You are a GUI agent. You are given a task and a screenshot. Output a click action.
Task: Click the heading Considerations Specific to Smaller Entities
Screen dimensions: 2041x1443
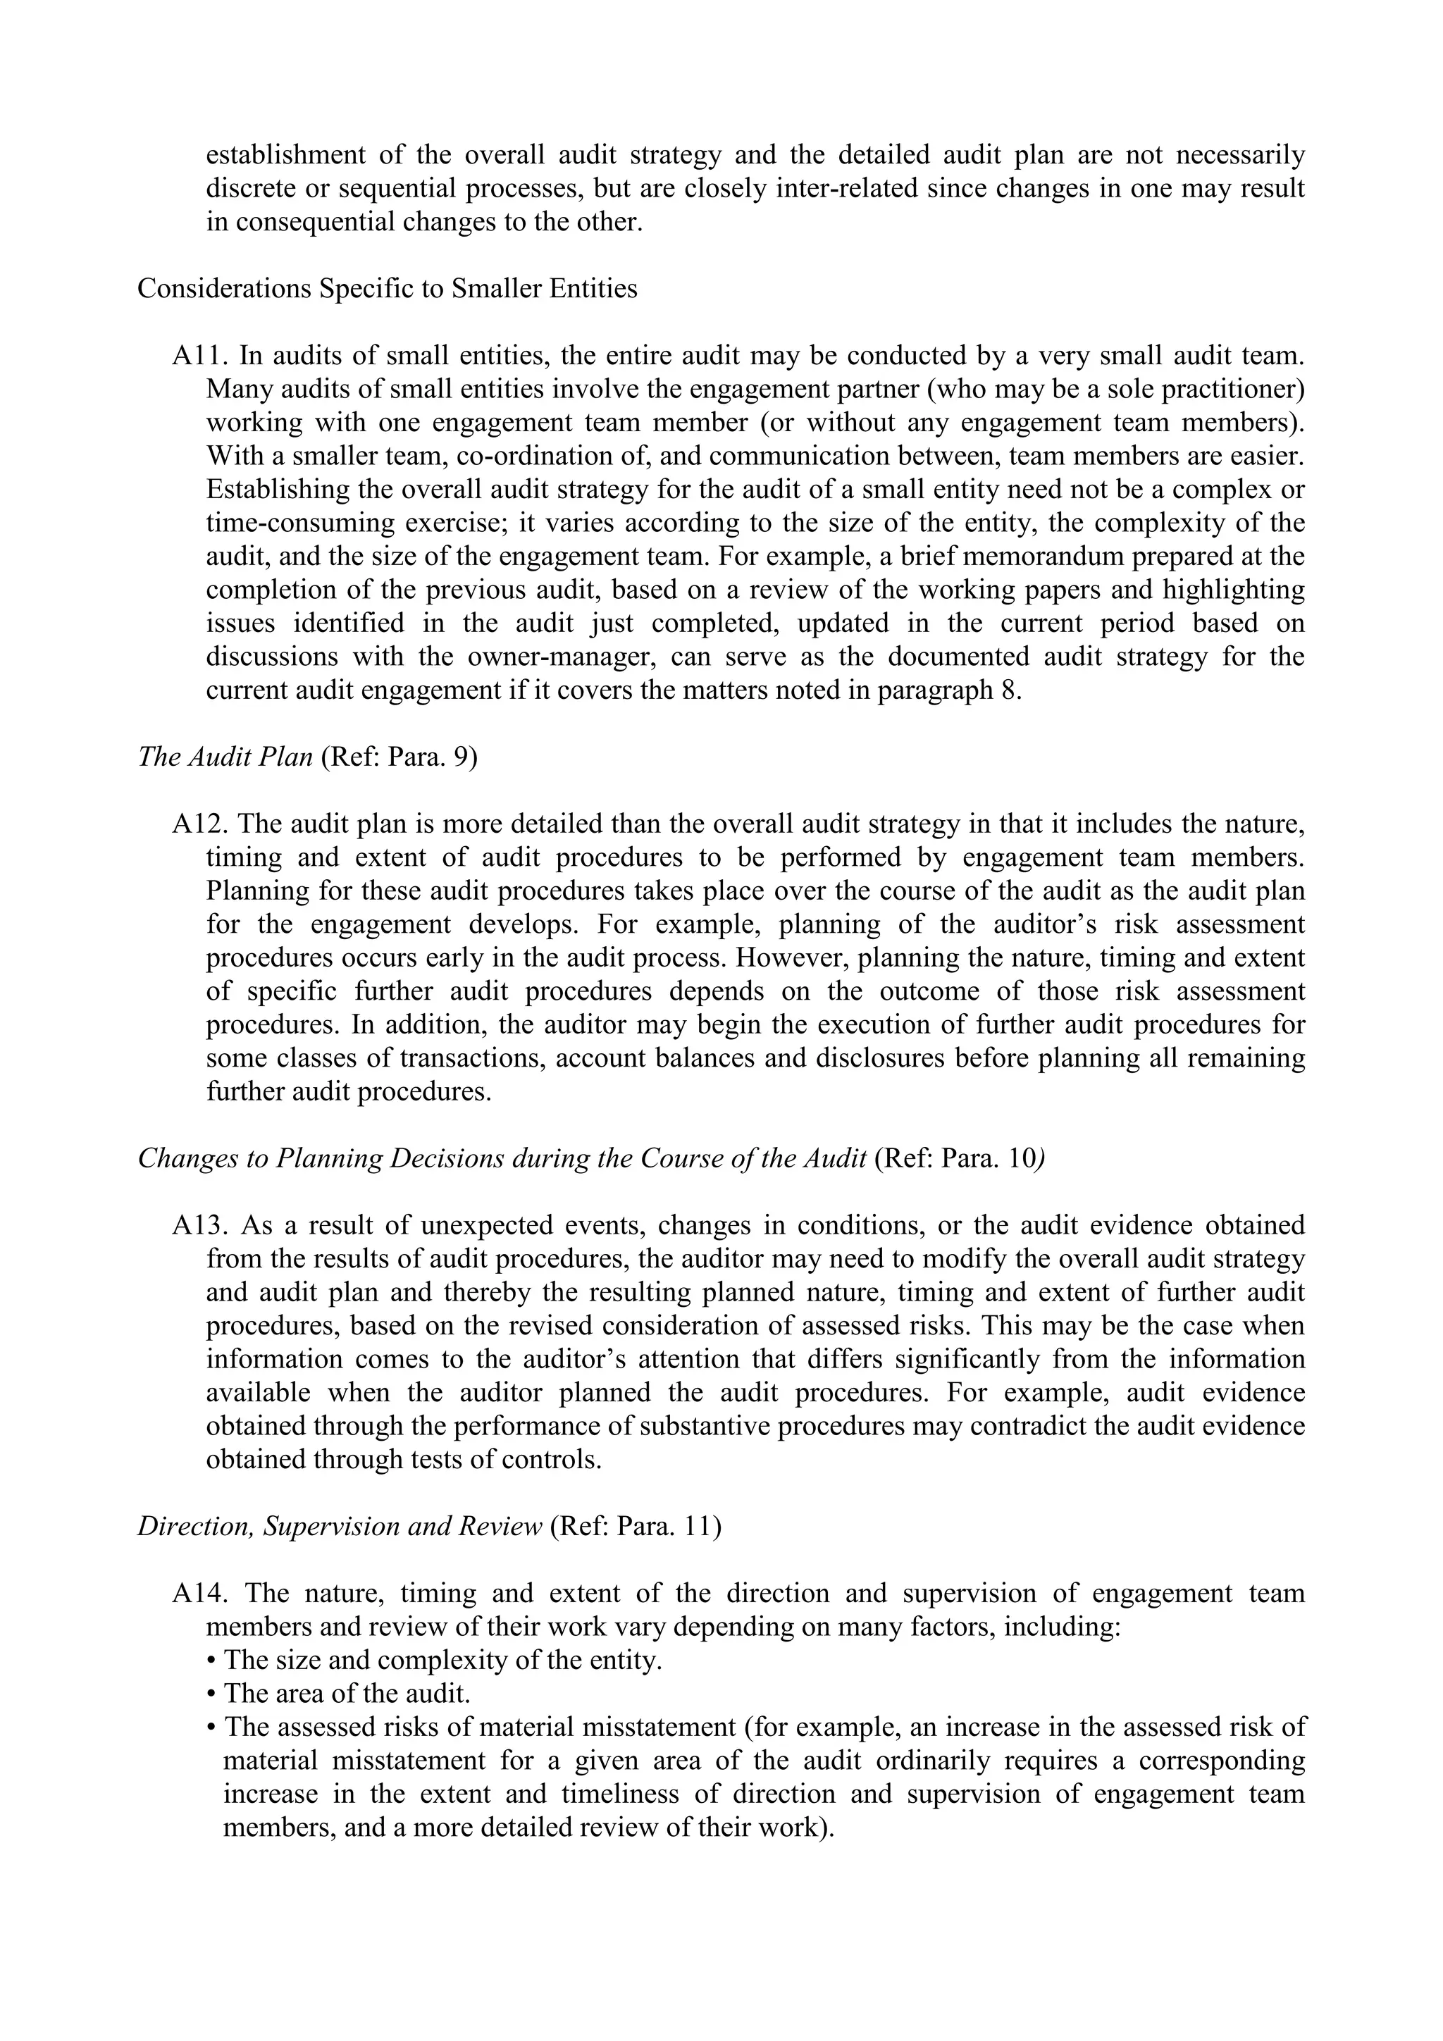click(x=387, y=289)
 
